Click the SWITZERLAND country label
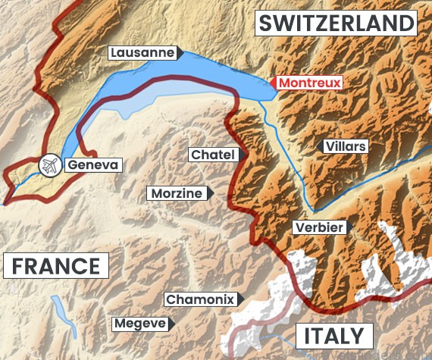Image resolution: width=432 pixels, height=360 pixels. pyautogui.click(x=337, y=23)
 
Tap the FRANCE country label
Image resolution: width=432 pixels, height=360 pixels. pyautogui.click(x=55, y=266)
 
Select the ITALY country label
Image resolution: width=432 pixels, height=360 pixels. pyautogui.click(x=334, y=336)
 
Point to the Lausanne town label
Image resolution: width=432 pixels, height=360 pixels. pyautogui.click(x=142, y=53)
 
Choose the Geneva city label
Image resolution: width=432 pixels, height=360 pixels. pyautogui.click(x=93, y=164)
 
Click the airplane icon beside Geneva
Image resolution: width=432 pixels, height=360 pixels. pyautogui.click(x=50, y=164)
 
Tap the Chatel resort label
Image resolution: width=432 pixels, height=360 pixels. pyautogui.click(x=214, y=155)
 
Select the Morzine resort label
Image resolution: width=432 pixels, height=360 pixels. pyautogui.click(x=177, y=193)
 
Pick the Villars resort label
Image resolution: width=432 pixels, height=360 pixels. pyautogui.click(x=344, y=146)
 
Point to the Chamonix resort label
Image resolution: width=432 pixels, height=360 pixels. pyautogui.click(x=199, y=299)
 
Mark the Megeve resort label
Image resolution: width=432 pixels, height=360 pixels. pyautogui.click(x=139, y=324)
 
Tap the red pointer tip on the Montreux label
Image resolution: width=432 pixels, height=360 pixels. pyautogui.click(x=271, y=83)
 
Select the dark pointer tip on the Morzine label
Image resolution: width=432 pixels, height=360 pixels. pyautogui.click(x=210, y=193)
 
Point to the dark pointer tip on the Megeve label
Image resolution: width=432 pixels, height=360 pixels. pyautogui.click(x=171, y=324)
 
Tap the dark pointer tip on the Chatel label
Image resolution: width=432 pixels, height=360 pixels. pyautogui.click(x=243, y=155)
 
